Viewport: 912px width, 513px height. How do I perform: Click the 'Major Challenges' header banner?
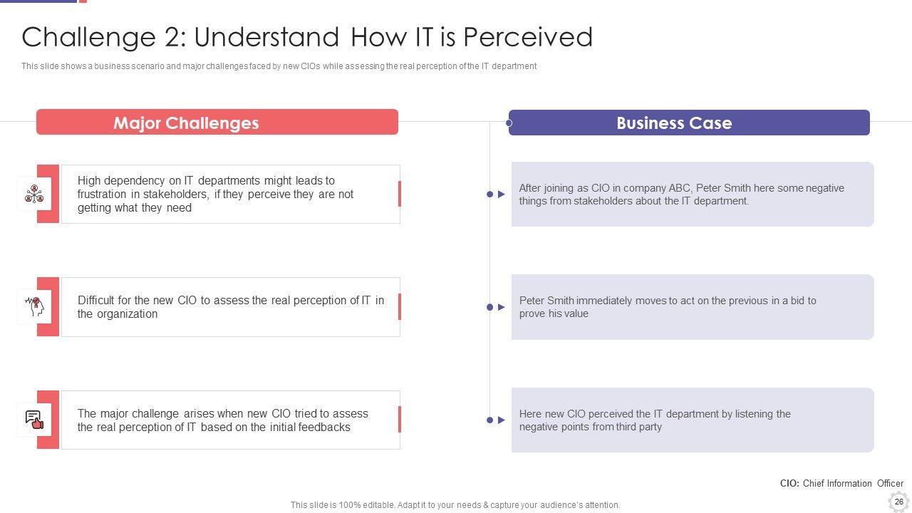coord(217,122)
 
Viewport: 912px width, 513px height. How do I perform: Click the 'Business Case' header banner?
coord(689,123)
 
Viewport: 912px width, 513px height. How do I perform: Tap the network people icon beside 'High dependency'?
coord(34,194)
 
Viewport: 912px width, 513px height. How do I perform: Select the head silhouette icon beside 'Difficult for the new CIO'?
coord(35,306)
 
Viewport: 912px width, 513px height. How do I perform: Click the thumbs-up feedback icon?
coord(35,420)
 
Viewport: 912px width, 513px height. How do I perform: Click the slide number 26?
coord(899,502)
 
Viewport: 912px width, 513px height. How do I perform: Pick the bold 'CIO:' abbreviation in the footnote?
coord(789,483)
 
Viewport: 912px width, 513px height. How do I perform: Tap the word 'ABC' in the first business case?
coord(679,188)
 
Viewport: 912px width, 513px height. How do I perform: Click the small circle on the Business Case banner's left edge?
coord(509,123)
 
